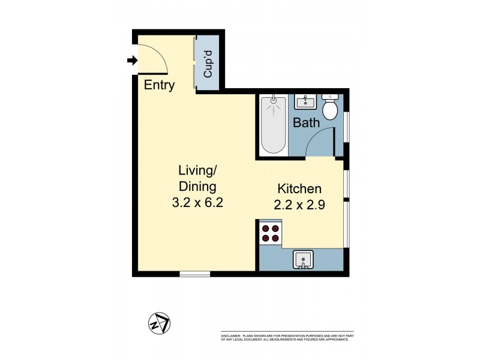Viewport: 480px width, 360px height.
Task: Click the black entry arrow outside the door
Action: pos(131,60)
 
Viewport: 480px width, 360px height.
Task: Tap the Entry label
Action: pos(159,85)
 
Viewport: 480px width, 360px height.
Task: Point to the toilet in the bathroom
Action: pos(330,107)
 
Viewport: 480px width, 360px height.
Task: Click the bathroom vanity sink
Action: pos(305,101)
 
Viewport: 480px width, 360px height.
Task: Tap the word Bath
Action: pos(305,123)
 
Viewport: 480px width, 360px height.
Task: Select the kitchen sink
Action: pos(304,260)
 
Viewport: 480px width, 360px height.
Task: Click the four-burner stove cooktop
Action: pos(270,233)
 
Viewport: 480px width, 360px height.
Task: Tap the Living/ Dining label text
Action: pos(193,178)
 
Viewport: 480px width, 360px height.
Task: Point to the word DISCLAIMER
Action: pos(231,335)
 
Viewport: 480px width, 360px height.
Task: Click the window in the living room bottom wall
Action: pos(195,274)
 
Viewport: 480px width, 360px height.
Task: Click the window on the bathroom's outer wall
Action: pos(346,126)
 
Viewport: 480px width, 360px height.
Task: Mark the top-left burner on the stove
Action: pos(265,227)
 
